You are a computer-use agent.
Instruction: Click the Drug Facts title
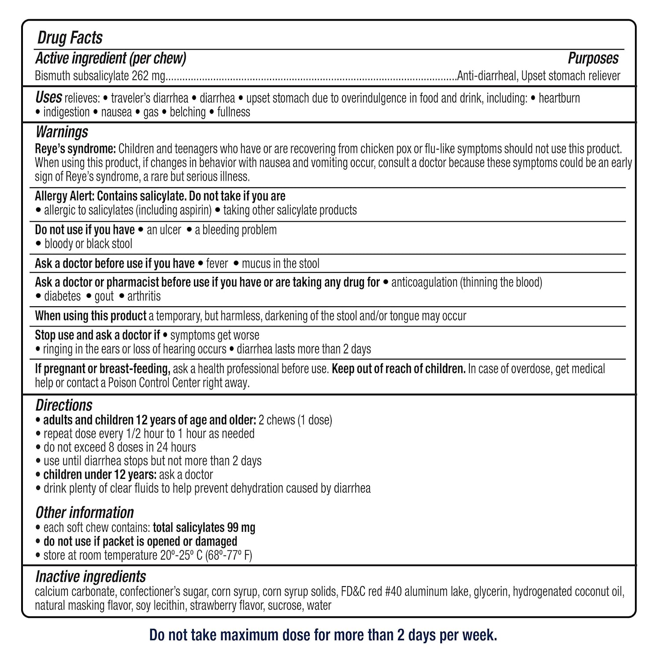[x=70, y=38]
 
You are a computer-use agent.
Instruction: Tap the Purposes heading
[x=593, y=58]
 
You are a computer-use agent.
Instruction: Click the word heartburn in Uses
[x=559, y=98]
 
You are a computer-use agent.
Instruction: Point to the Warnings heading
[x=62, y=132]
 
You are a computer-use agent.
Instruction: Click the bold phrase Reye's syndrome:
[x=75, y=149]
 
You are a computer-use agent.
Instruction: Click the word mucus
[x=256, y=264]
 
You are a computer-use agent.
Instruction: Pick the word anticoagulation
[x=424, y=282]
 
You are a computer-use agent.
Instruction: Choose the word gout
[x=104, y=296]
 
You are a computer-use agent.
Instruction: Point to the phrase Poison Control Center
[x=151, y=382]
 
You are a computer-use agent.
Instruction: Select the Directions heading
[x=64, y=405]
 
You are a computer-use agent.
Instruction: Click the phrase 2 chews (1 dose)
[x=295, y=420]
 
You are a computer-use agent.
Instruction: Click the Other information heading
[x=84, y=512]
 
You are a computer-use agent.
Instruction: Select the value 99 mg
[x=241, y=527]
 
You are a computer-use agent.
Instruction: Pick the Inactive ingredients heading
[x=90, y=576]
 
